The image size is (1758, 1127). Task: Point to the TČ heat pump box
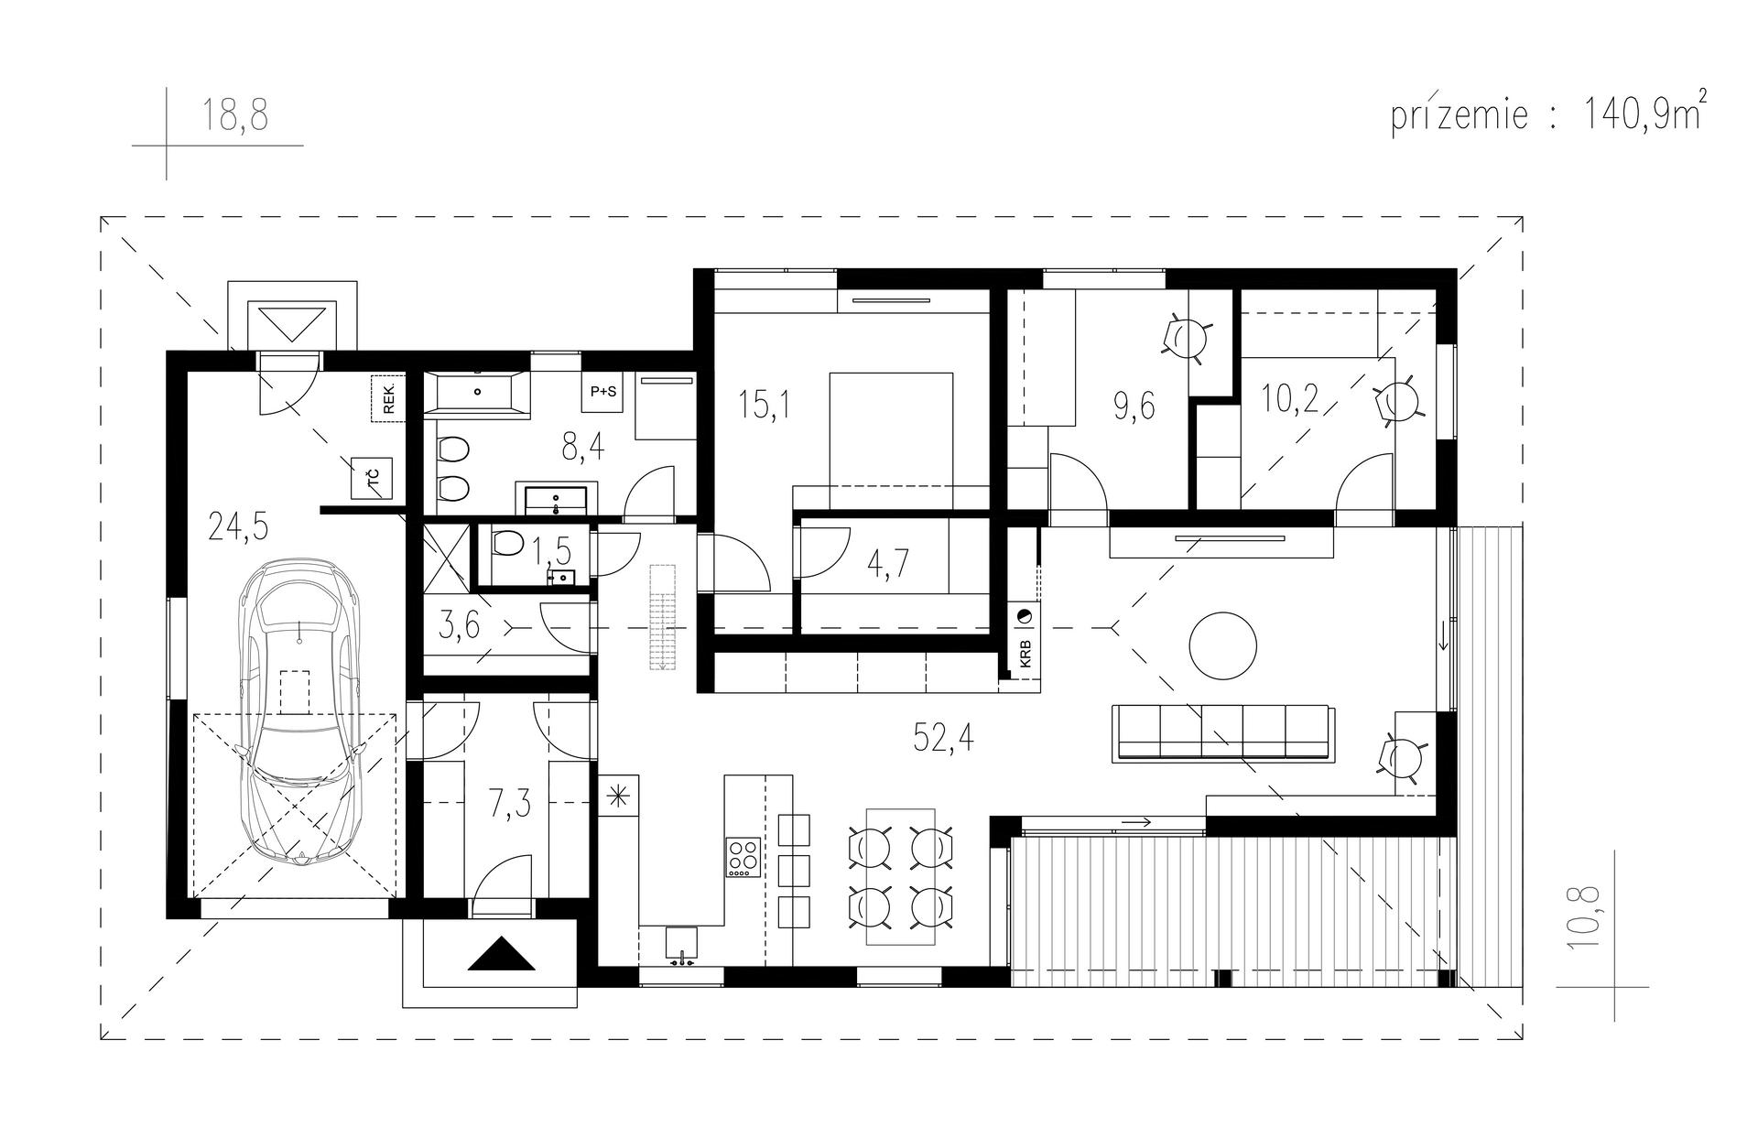click(374, 479)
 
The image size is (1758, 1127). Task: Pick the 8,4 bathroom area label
click(581, 449)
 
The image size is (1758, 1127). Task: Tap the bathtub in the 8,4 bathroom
click(478, 392)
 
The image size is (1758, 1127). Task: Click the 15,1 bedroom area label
click(765, 404)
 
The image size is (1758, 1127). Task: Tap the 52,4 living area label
click(943, 735)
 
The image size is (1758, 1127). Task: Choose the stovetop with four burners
click(743, 857)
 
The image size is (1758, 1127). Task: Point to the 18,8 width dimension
click(235, 117)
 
